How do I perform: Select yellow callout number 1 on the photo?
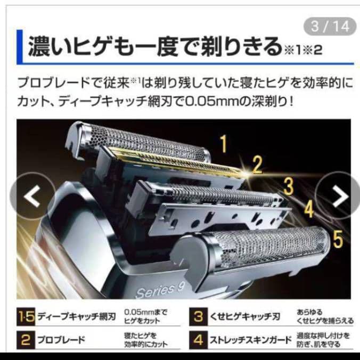(x=224, y=143)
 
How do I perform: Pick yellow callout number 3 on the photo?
(x=288, y=186)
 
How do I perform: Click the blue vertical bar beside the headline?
(x=19, y=47)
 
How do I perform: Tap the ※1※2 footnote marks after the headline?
(x=302, y=51)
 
